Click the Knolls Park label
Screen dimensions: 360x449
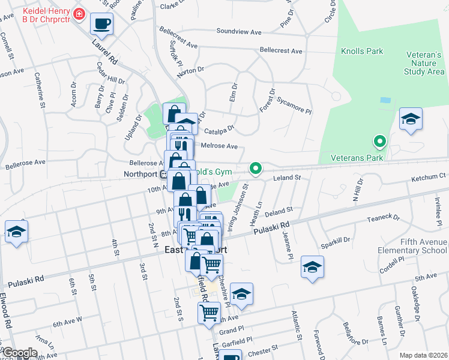[362, 52]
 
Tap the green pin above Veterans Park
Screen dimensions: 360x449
[379, 142]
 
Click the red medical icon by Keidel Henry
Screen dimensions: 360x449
[78, 13]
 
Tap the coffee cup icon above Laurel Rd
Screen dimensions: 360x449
[101, 24]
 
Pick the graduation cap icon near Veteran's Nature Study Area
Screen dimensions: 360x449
[411, 119]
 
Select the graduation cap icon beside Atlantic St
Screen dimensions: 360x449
[312, 267]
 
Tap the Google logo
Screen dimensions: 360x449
[20, 353]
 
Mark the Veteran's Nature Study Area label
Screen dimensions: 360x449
[424, 63]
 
